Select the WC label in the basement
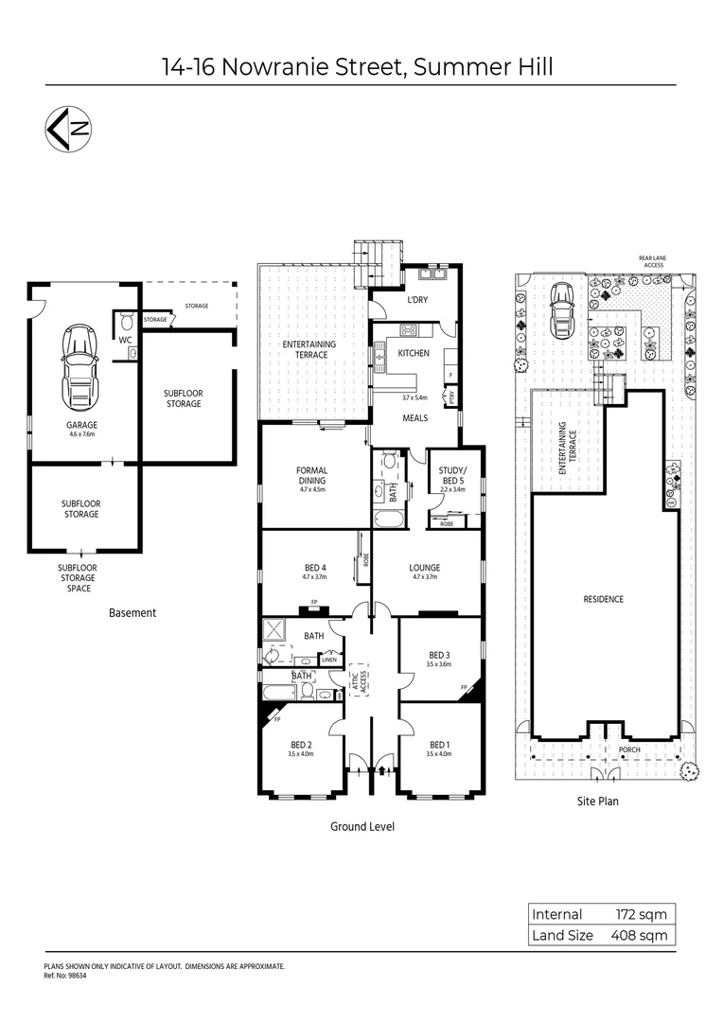(x=124, y=338)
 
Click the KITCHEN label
(x=414, y=353)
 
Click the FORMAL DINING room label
(x=311, y=475)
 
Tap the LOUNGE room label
(x=425, y=568)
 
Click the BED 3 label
(x=438, y=655)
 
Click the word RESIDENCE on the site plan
(x=604, y=599)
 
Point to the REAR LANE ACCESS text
(x=652, y=262)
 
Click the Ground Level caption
(x=361, y=826)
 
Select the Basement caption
(x=132, y=612)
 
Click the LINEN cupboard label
(x=328, y=660)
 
